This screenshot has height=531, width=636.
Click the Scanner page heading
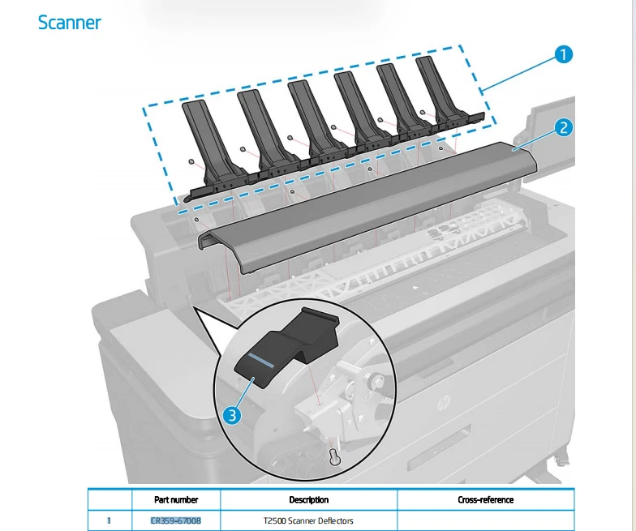[x=70, y=23]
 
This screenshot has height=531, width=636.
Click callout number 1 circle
[x=563, y=54]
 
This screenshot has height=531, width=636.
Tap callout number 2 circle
[x=563, y=127]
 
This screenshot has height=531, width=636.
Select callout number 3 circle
[x=232, y=415]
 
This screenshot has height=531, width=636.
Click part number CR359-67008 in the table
[x=176, y=520]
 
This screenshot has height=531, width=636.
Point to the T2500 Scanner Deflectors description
[x=308, y=520]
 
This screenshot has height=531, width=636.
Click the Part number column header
[x=176, y=499]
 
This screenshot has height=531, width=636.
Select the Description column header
[x=308, y=499]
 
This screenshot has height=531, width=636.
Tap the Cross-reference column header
[x=485, y=499]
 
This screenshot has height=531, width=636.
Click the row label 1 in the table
[x=110, y=520]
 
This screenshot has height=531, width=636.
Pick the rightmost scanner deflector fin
[x=438, y=89]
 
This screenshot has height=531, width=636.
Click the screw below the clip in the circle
[x=333, y=457]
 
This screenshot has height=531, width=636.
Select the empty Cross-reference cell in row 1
[x=485, y=520]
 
